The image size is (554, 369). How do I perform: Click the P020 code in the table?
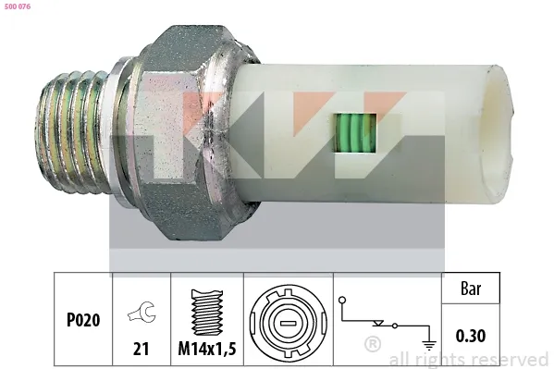[x=82, y=320]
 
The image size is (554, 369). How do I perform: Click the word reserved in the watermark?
[x=511, y=359]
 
